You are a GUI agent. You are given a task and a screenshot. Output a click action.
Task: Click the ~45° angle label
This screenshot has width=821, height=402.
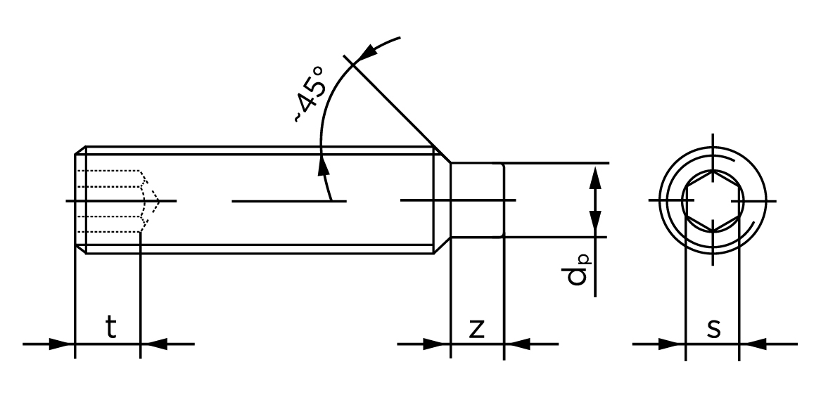pyautogui.click(x=310, y=94)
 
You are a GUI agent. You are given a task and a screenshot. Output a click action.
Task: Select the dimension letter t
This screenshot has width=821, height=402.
pyautogui.click(x=110, y=328)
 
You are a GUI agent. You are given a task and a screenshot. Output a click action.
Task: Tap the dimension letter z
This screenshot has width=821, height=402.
pyautogui.click(x=477, y=328)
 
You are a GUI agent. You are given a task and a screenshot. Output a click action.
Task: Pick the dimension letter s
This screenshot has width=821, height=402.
pyautogui.click(x=713, y=328)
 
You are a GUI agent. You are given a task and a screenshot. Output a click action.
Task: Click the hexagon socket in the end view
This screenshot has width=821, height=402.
pyautogui.click(x=713, y=201)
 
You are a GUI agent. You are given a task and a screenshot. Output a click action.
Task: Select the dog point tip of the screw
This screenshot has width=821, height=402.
pyautogui.click(x=477, y=201)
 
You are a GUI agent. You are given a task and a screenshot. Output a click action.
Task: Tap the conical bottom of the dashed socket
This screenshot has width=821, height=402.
pyautogui.click(x=151, y=201)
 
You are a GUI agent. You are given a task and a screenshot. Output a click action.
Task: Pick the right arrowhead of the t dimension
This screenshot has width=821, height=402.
pyautogui.click(x=153, y=344)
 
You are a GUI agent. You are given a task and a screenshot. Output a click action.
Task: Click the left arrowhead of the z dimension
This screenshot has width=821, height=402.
pyautogui.click(x=438, y=344)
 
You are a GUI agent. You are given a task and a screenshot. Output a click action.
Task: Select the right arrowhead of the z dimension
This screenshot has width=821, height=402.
pyautogui.click(x=516, y=344)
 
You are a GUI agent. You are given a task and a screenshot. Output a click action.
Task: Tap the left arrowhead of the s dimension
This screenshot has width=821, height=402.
pyautogui.click(x=673, y=344)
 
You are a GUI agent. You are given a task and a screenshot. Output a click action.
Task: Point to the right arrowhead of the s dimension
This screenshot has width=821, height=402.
pyautogui.click(x=751, y=344)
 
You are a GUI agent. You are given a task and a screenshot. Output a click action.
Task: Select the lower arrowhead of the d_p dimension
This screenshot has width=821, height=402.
pyautogui.click(x=596, y=224)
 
